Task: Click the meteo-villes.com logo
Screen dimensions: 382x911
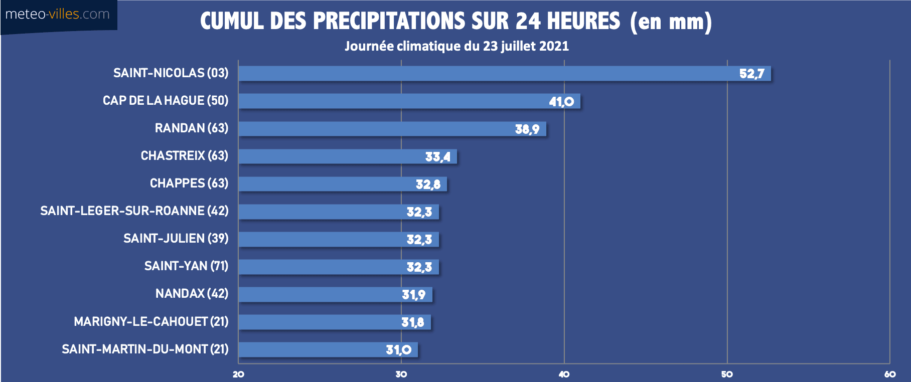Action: (x=58, y=15)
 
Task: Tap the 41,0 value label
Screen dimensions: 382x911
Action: (x=561, y=102)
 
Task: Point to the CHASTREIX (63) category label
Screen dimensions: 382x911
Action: (x=184, y=156)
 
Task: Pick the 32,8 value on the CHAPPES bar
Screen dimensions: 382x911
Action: (x=428, y=184)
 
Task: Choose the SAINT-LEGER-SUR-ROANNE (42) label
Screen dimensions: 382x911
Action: (x=134, y=211)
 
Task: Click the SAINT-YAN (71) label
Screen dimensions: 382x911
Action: (x=186, y=266)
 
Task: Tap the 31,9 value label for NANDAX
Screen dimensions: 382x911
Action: (x=413, y=295)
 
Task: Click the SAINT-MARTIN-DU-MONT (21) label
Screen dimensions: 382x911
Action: (x=145, y=349)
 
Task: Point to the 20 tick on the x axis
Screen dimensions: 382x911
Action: (x=238, y=374)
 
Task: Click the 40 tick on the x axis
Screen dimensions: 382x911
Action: (x=564, y=374)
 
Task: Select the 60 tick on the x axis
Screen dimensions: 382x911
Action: (x=890, y=374)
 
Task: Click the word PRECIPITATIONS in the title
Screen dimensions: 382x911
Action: (x=389, y=22)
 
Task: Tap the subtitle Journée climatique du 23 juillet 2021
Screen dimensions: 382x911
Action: (x=457, y=47)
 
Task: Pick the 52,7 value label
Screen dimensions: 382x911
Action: (x=751, y=74)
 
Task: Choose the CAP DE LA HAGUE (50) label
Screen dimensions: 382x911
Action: (x=166, y=101)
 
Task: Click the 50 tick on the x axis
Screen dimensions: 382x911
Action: (x=727, y=374)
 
